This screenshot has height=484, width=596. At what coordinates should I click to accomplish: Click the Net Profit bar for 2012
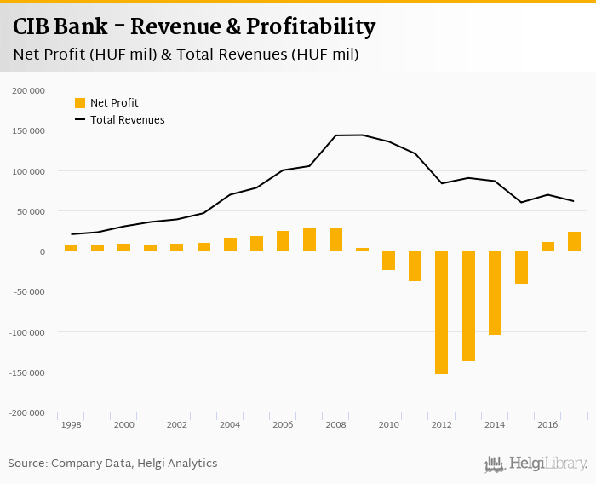coord(441,312)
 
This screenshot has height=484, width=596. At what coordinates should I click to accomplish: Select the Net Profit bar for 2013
coord(468,306)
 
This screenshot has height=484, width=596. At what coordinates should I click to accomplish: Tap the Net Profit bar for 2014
coord(495,292)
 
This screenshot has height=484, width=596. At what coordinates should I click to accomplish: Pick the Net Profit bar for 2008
coord(335,239)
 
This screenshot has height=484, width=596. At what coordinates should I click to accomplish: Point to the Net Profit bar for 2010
coord(388,261)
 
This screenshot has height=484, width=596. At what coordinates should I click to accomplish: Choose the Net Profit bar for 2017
coord(574,241)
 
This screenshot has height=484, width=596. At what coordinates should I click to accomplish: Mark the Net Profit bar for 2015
coord(521,267)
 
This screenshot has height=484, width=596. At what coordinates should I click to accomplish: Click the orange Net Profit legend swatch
coord(80,103)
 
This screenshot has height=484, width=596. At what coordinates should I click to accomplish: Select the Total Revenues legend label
coord(127,120)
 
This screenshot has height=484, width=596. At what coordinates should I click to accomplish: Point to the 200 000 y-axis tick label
coord(29,90)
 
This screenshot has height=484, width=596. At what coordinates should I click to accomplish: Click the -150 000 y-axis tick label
coord(27,372)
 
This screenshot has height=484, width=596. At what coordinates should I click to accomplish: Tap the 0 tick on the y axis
coord(40,251)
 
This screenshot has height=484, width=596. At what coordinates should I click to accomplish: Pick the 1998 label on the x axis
coord(71,424)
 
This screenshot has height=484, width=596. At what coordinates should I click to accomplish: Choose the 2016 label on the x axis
coord(547,424)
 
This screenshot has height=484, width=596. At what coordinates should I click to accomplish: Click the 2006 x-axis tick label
coord(283,424)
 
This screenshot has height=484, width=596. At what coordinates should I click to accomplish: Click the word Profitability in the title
coord(311,27)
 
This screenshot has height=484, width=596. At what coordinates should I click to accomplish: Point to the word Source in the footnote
coord(27,464)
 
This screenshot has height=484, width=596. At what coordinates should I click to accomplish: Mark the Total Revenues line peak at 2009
coord(362,135)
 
